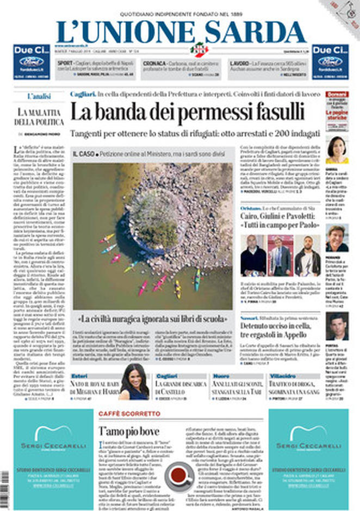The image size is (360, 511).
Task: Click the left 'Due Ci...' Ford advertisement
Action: pos(32,61)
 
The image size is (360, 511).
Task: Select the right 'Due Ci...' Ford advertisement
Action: pos(330,61)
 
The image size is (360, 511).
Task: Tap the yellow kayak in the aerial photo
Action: pos(177,288)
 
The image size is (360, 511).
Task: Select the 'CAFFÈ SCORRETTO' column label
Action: pos(129,414)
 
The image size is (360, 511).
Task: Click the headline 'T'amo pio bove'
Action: pos(128,431)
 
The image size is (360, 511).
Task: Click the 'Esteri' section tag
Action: pos(80,376)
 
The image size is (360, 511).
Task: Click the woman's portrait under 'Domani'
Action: pos(337,149)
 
